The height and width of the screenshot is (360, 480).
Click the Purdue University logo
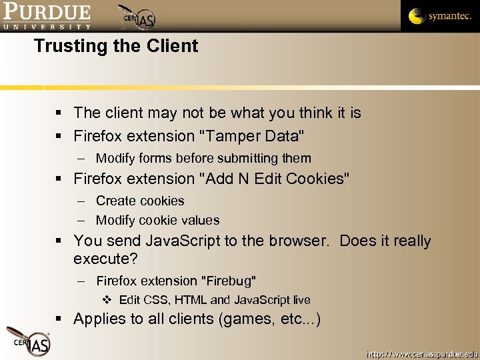(47, 16)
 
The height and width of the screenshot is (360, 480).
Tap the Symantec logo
(439, 16)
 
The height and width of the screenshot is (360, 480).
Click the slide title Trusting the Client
(116, 46)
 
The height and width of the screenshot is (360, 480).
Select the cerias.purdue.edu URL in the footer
(421, 353)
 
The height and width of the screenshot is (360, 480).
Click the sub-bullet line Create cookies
(140, 201)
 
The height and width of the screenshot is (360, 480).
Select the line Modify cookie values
(157, 220)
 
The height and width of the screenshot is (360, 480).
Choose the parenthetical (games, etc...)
(269, 319)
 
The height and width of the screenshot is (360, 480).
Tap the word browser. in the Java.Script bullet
(299, 241)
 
